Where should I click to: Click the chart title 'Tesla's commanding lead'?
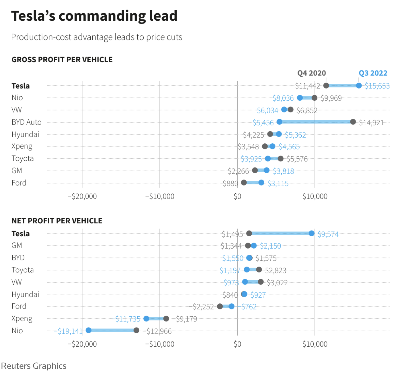coord(94,16)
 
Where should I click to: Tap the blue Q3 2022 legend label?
coord(373,73)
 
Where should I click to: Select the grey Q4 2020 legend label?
coord(311,73)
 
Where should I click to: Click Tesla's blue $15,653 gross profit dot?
coord(359,85)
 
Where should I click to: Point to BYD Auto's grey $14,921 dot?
coord(353,122)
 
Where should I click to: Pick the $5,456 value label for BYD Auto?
coord(263,123)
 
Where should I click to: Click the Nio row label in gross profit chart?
coord(17,98)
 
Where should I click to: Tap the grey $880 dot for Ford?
coord(244,182)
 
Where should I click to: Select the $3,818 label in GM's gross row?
coord(283,171)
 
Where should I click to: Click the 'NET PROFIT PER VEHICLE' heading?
coord(57,221)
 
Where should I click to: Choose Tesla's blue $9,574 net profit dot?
coord(312,233)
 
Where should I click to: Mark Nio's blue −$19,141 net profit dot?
coord(89,330)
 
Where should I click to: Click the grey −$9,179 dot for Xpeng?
coord(166,319)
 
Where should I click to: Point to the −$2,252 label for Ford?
coord(201,307)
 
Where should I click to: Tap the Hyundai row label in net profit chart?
coord(25,295)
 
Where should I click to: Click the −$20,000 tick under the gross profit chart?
coord(82,196)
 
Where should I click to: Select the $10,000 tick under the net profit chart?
coord(315,344)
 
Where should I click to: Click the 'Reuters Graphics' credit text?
coord(34,366)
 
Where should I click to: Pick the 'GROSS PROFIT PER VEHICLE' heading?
coord(62,60)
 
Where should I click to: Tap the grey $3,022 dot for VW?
coord(261,282)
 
